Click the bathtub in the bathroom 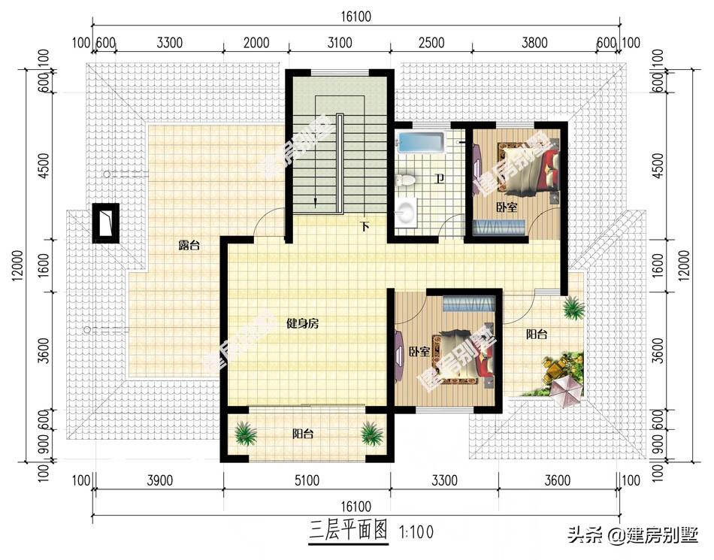420,142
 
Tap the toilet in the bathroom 405,180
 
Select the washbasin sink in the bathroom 406,211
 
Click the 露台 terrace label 189,246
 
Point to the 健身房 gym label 302,324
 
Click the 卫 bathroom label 439,178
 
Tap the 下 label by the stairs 365,226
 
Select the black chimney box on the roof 106,223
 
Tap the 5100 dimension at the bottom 307,480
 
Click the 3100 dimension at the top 340,43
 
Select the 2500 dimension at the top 431,43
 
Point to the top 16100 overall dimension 356,17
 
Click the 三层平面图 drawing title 348,531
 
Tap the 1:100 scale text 416,531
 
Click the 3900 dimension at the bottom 160,480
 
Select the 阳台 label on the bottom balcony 303,434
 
